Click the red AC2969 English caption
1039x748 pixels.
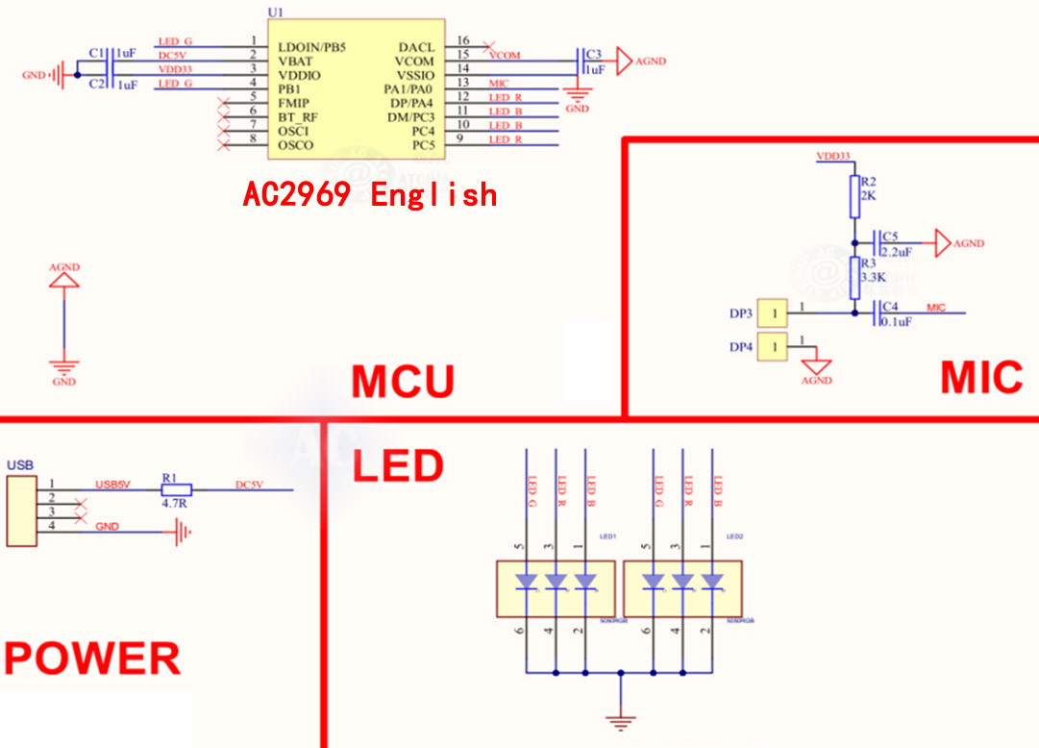click(370, 195)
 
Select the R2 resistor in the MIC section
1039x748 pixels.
click(853, 195)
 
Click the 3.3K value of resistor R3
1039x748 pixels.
click(873, 277)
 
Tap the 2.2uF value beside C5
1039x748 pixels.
click(896, 252)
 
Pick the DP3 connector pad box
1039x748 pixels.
click(771, 313)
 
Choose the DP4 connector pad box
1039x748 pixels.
click(771, 346)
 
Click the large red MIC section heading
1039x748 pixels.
click(981, 378)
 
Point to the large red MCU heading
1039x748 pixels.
click(402, 382)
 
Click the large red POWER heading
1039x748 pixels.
click(92, 659)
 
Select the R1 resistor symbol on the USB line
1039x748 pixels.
click(176, 489)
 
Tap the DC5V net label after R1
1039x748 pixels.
click(249, 486)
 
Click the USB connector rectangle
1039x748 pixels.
click(20, 510)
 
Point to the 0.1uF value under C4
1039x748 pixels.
click(896, 322)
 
